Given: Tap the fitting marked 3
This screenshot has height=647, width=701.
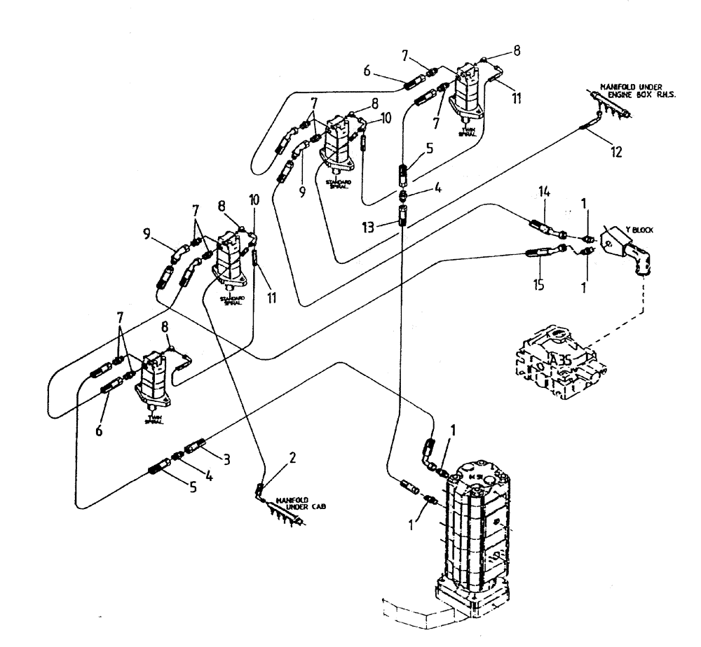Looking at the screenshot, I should tap(193, 445).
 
